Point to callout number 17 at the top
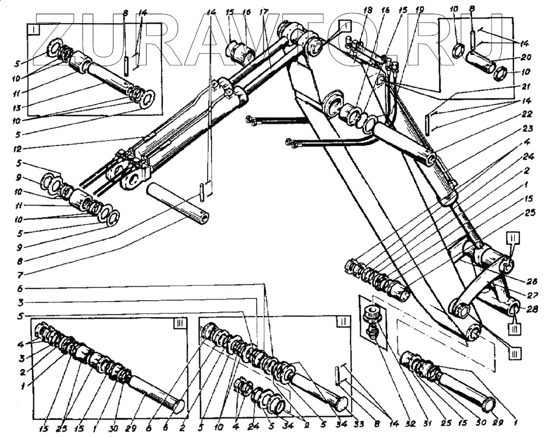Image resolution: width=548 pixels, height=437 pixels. pyautogui.click(x=265, y=11)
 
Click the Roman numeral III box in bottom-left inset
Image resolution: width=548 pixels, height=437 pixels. pyautogui.click(x=179, y=324)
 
